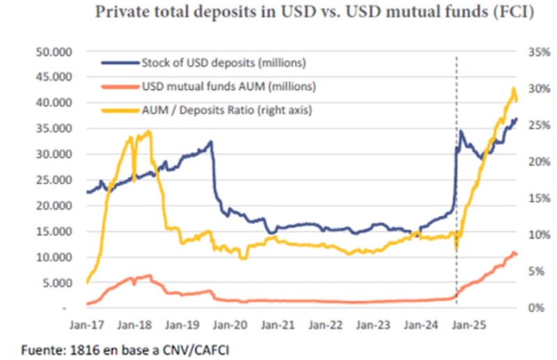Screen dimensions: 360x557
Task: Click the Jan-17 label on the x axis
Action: pyautogui.click(x=86, y=324)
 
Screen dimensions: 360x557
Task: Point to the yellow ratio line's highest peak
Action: pyautogui.click(x=513, y=88)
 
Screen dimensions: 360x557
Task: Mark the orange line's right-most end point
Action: pyautogui.click(x=517, y=254)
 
